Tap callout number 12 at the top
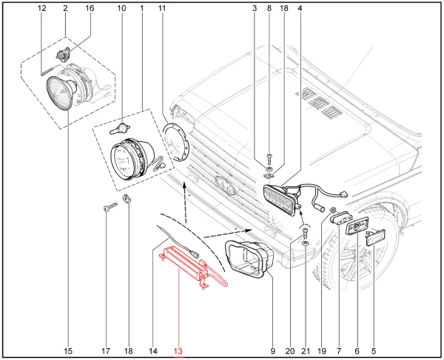[41, 8]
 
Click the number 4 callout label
[300, 8]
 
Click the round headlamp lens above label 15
[59, 96]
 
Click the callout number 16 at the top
[90, 8]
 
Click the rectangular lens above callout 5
[373, 240]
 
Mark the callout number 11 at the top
[162, 8]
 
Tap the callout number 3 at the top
[255, 8]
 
